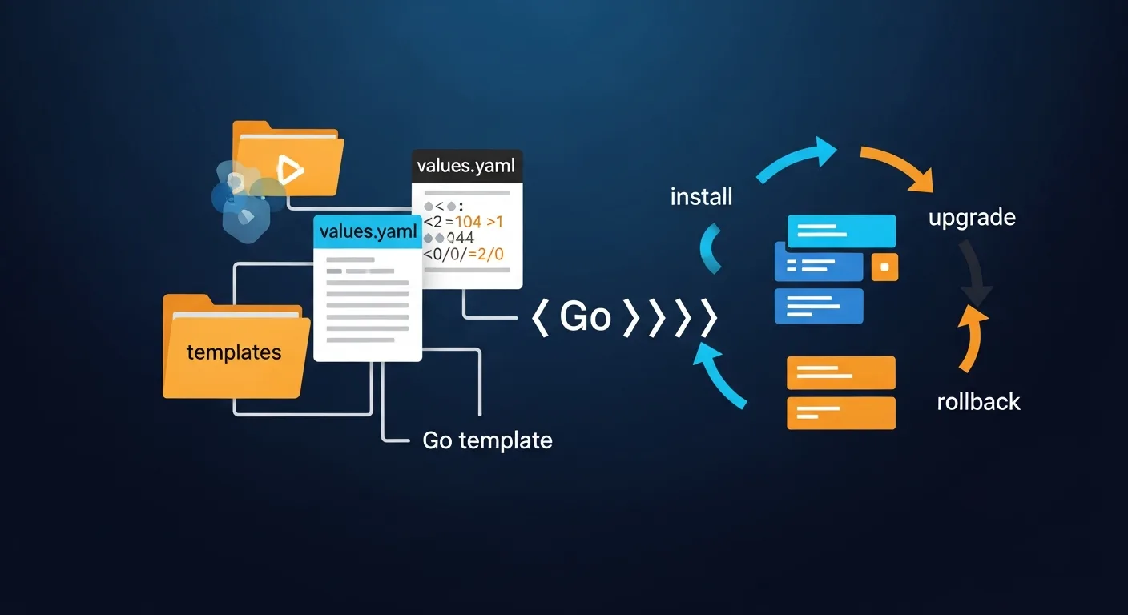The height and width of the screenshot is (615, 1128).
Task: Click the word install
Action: [x=701, y=197]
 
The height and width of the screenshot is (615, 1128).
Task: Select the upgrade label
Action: [x=972, y=218]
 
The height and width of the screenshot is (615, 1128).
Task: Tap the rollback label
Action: [x=978, y=401]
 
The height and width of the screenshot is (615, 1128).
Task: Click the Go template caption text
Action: [x=487, y=440]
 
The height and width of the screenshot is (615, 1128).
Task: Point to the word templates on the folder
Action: [x=234, y=352]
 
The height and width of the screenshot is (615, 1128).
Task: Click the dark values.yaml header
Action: [x=467, y=168]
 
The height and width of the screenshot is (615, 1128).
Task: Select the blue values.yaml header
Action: [x=368, y=232]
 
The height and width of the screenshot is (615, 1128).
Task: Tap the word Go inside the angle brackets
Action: [x=585, y=317]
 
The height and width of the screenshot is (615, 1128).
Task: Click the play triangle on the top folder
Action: [x=288, y=170]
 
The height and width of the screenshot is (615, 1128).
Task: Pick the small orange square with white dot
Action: [x=884, y=267]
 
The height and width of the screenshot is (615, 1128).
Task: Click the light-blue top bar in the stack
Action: [x=841, y=231]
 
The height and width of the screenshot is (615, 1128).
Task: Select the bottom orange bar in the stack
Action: [x=840, y=413]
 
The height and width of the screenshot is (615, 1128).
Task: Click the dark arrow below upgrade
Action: [x=976, y=276]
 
